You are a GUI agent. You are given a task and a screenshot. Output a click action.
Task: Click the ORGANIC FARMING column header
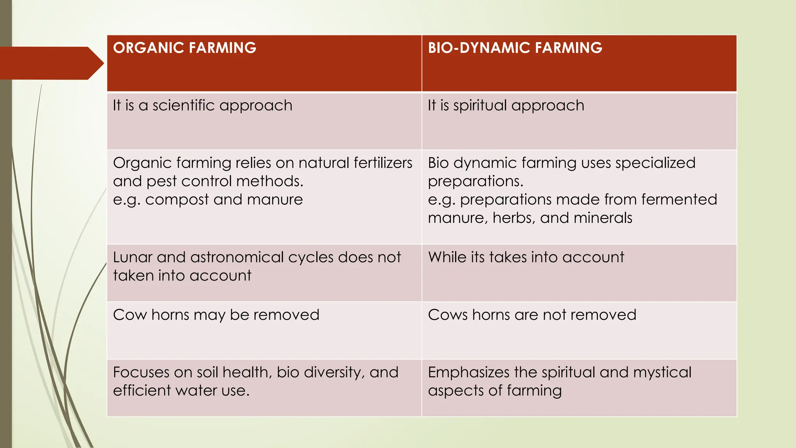coord(185,48)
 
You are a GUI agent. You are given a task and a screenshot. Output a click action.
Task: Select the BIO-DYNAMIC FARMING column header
coord(515,48)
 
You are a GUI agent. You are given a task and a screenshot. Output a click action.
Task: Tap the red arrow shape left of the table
coord(51,63)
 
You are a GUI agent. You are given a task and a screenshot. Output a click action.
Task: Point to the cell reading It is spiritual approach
coord(506,105)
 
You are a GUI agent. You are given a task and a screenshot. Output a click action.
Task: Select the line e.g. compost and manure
coord(208,199)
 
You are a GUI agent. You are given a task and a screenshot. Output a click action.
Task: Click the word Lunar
coord(132,257)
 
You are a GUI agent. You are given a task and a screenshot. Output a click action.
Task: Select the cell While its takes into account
coord(526,257)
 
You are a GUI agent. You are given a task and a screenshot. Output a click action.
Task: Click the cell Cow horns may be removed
coord(216,315)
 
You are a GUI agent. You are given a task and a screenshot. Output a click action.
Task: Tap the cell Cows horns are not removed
coord(532,315)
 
